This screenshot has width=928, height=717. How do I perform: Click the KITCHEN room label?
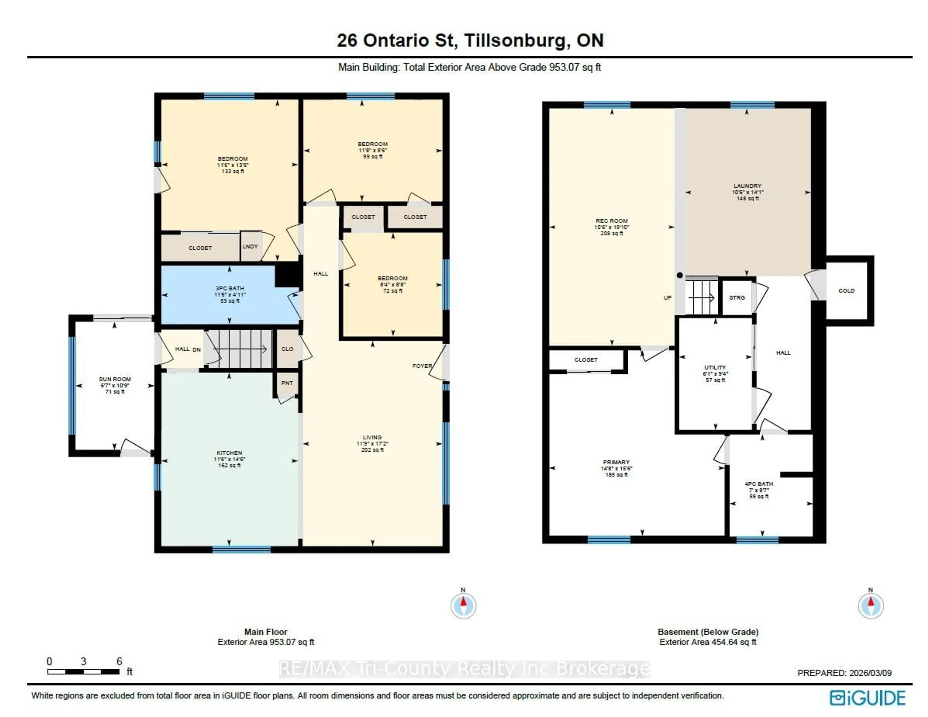[x=229, y=453]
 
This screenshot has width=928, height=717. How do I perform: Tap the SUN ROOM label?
[x=115, y=379]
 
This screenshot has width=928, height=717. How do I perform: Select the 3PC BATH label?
[x=229, y=288]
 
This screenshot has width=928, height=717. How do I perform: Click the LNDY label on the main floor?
[x=250, y=247]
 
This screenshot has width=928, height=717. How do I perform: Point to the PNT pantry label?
[x=287, y=383]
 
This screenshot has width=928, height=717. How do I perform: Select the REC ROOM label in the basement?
[x=611, y=221]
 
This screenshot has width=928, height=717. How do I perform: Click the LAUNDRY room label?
[x=747, y=186]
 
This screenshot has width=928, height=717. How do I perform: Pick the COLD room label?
[x=846, y=291]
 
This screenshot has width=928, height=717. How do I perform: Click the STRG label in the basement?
[x=737, y=298]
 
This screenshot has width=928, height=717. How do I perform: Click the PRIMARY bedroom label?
[x=616, y=462]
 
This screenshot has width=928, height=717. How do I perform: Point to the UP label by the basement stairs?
[x=667, y=298]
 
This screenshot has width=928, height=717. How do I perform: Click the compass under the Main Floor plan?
[x=463, y=605]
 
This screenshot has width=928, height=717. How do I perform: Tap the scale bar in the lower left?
[x=83, y=672]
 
